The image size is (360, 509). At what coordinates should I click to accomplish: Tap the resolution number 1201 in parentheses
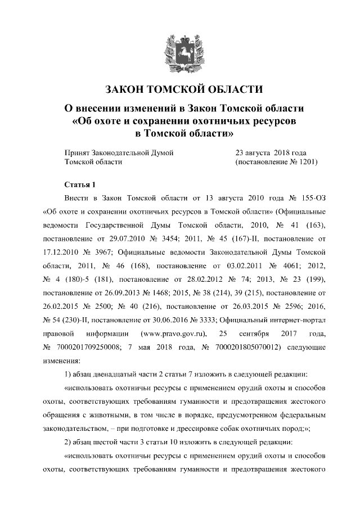point(304,162)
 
